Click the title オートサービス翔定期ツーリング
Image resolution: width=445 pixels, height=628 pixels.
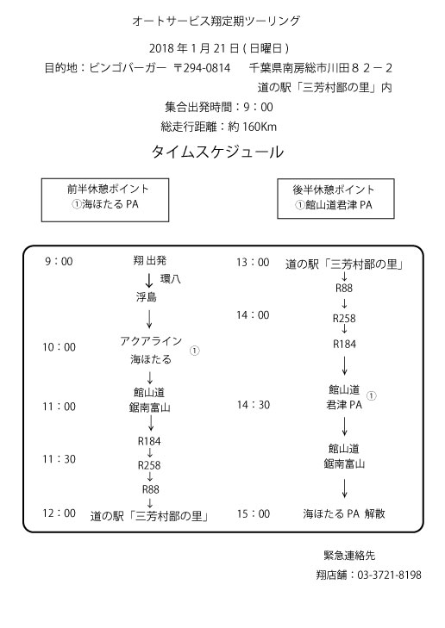[216, 21]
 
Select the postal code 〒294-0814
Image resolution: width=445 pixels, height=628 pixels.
[202, 68]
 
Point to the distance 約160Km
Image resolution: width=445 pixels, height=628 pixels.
[252, 127]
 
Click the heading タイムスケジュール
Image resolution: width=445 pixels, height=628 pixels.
[217, 152]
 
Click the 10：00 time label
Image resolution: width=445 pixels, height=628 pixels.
[59, 347]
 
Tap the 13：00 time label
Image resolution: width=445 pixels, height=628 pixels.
[253, 263]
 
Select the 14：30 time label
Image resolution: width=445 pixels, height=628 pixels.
[253, 405]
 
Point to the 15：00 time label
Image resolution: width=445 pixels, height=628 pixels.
[253, 513]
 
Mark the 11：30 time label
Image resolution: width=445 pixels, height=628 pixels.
[59, 459]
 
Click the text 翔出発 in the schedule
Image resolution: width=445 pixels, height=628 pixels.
[149, 261]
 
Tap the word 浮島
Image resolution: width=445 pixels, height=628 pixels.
[146, 297]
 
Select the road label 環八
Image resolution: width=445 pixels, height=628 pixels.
[171, 279]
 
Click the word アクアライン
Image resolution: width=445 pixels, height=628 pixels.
[151, 341]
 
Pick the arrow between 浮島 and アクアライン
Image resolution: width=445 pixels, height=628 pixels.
[149, 320]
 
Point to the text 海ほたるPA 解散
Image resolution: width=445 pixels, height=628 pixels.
[344, 513]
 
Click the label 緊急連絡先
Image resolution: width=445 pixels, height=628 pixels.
[349, 556]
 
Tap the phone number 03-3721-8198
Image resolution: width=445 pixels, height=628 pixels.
[389, 575]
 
